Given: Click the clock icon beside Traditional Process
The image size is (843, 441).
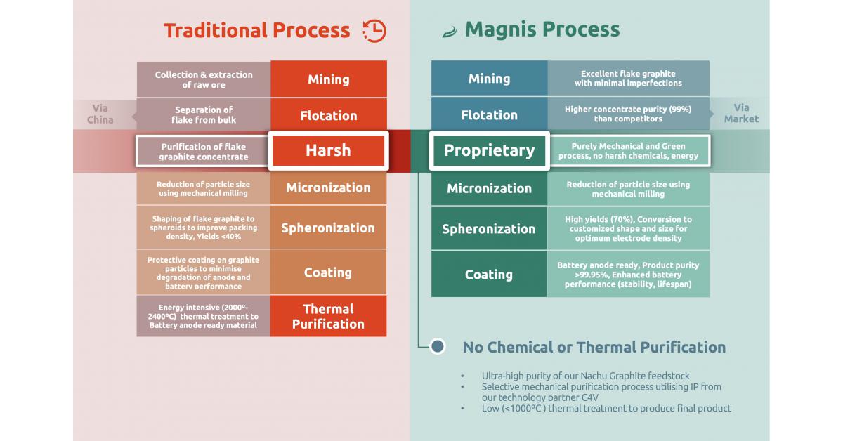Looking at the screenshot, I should pyautogui.click(x=374, y=30).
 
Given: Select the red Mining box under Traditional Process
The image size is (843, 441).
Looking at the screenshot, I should pyautogui.click(x=328, y=79).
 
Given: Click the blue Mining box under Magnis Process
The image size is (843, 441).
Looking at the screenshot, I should pyautogui.click(x=489, y=78).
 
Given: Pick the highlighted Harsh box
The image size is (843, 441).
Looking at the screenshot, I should pyautogui.click(x=328, y=150).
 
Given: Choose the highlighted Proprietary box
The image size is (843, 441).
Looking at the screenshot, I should pyautogui.click(x=489, y=150).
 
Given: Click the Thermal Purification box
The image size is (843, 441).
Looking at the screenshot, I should pyautogui.click(x=328, y=316).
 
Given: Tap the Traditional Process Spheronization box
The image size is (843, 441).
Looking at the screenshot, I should pyautogui.click(x=328, y=228).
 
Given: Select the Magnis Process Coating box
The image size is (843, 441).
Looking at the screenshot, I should pyautogui.click(x=489, y=275).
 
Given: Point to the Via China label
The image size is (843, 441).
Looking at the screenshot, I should pyautogui.click(x=100, y=114).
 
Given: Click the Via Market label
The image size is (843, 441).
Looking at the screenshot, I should pyautogui.click(x=742, y=113).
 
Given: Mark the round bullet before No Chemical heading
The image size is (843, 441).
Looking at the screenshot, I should pyautogui.click(x=438, y=346).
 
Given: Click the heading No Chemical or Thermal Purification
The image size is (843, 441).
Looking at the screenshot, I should pyautogui.click(x=594, y=347).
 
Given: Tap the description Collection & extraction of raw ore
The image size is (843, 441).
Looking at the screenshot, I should pyautogui.click(x=204, y=79).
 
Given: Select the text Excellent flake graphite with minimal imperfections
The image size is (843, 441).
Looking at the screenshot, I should pyautogui.click(x=628, y=78).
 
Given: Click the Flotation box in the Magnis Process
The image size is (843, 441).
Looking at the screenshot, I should pyautogui.click(x=489, y=114).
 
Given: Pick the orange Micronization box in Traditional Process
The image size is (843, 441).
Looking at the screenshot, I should pyautogui.click(x=328, y=187).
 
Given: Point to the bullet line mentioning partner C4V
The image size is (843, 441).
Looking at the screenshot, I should pyautogui.click(x=601, y=392).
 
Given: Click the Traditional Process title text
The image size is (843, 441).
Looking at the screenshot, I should pyautogui.click(x=256, y=31).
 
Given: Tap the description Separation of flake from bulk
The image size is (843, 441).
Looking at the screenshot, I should pyautogui.click(x=204, y=114).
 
